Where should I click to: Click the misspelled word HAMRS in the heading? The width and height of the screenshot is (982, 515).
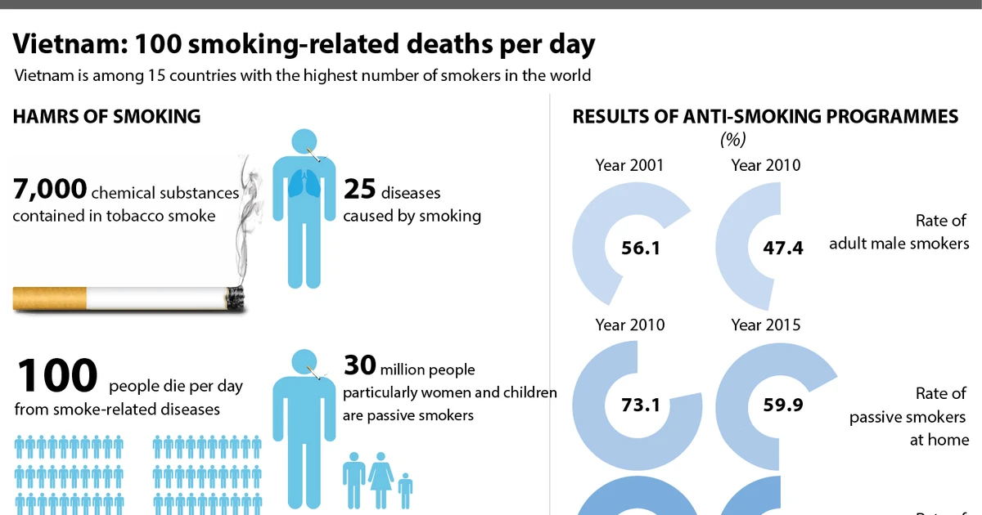pyautogui.click(x=45, y=116)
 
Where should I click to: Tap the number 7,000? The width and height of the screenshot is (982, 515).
pyautogui.click(x=50, y=189)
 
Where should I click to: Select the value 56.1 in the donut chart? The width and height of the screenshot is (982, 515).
pyautogui.click(x=641, y=248)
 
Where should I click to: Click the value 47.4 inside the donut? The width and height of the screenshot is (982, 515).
pyautogui.click(x=783, y=248)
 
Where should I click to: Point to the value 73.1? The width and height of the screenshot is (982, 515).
pyautogui.click(x=641, y=405)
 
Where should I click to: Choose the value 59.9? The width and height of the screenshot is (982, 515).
pyautogui.click(x=783, y=405)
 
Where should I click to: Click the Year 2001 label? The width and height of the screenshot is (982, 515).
pyautogui.click(x=629, y=165)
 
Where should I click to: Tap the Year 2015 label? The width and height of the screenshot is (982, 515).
pyautogui.click(x=766, y=325)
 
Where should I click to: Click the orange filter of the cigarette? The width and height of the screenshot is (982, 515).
pyautogui.click(x=50, y=298)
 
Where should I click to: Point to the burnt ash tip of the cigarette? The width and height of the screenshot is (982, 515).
pyautogui.click(x=236, y=298)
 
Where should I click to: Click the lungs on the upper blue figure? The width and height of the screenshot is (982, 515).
pyautogui.click(x=304, y=185)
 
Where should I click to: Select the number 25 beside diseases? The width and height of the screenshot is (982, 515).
pyautogui.click(x=359, y=189)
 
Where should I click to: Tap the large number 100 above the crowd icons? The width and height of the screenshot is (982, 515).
pyautogui.click(x=57, y=375)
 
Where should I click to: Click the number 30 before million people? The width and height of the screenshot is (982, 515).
pyautogui.click(x=359, y=365)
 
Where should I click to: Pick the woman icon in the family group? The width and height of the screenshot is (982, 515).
pyautogui.click(x=381, y=481)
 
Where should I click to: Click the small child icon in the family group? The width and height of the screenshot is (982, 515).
pyautogui.click(x=406, y=491)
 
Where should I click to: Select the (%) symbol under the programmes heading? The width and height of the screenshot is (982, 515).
pyautogui.click(x=733, y=140)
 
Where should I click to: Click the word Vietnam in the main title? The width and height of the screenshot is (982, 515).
pyautogui.click(x=70, y=44)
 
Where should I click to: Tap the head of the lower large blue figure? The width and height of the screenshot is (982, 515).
pyautogui.click(x=304, y=362)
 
